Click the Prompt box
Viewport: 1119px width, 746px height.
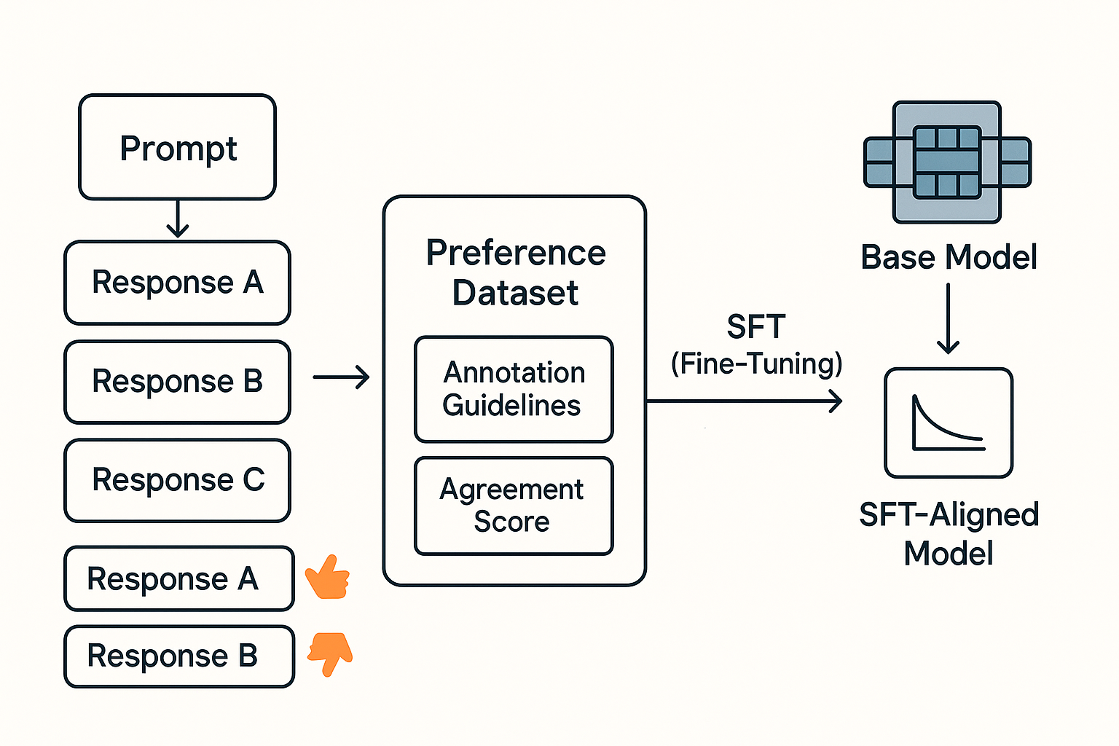coord(177,147)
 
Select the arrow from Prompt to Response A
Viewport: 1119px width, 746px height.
coord(177,219)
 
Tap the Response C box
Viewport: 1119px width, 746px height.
coord(177,481)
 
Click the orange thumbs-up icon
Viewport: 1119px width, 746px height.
coord(328,576)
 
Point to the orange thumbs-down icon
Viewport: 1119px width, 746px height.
coord(330,653)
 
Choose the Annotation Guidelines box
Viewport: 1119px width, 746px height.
coord(514,389)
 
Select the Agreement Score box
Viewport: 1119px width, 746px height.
coord(514,506)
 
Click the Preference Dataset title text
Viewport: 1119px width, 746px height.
coord(516,272)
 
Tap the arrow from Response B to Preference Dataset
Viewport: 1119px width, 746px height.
coord(341,377)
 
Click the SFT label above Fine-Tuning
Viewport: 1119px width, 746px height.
coord(756,327)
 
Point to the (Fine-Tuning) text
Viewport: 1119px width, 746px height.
coord(756,364)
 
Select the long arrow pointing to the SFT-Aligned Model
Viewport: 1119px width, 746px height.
coord(744,401)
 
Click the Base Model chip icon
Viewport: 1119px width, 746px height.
coord(947,162)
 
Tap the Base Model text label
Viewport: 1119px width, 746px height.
coord(949,257)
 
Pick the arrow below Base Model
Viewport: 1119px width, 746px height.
coord(948,319)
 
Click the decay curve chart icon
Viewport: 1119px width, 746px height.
coord(949,423)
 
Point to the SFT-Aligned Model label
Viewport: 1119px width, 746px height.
coord(949,534)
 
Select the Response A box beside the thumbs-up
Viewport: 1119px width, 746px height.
coord(178,578)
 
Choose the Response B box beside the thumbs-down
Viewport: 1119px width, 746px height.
coord(178,656)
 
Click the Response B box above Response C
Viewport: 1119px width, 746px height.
coord(177,382)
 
